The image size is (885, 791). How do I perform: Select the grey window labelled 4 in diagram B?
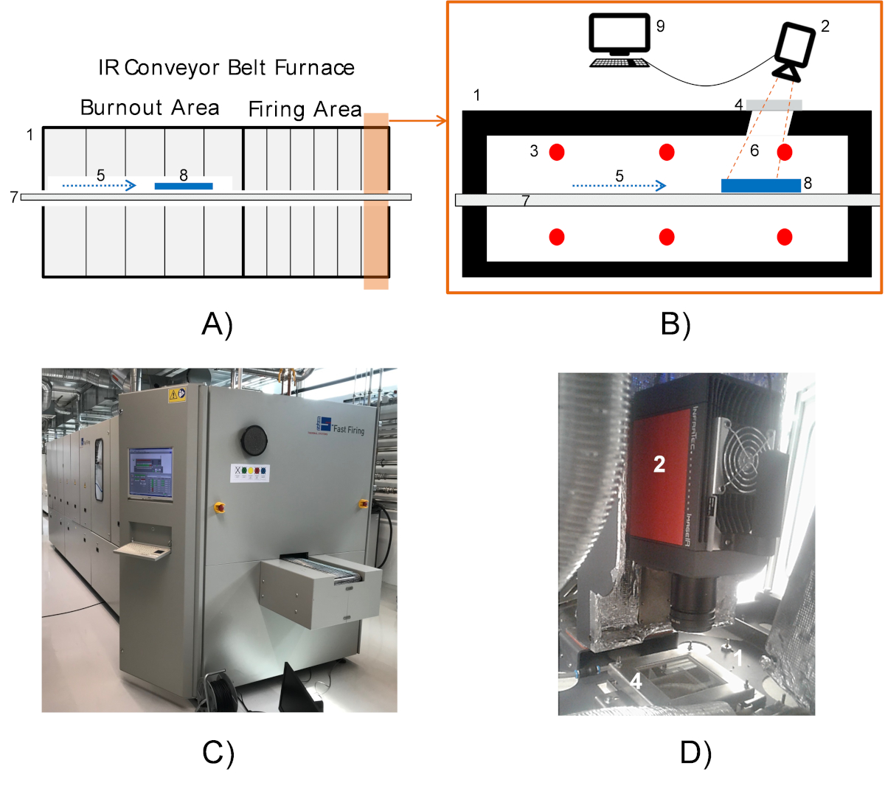(774, 105)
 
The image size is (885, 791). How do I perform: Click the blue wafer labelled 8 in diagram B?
(760, 185)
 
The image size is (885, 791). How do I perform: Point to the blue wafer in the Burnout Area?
(184, 186)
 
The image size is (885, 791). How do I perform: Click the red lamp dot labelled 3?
(557, 152)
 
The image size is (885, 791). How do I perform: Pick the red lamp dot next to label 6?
(785, 152)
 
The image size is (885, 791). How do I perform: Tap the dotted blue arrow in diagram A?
(100, 186)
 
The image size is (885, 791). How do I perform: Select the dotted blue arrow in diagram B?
(619, 186)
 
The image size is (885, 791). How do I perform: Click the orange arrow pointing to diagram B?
(417, 120)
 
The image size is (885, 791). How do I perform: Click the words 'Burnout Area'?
(150, 108)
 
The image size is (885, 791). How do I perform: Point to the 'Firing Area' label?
(305, 109)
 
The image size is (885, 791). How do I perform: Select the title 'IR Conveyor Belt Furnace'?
(226, 68)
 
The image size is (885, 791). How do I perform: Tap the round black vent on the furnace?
(253, 439)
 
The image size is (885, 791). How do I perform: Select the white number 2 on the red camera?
(659, 464)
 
